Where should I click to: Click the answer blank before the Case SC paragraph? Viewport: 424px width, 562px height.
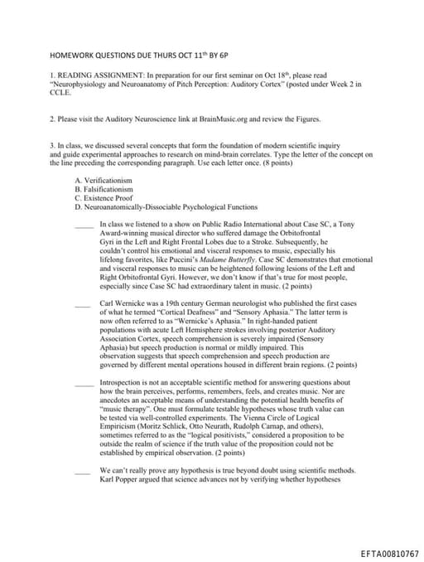(x=84, y=225)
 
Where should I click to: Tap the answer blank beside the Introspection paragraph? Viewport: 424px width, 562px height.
(x=84, y=384)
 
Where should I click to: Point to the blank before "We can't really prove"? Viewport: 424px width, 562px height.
(x=84, y=472)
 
